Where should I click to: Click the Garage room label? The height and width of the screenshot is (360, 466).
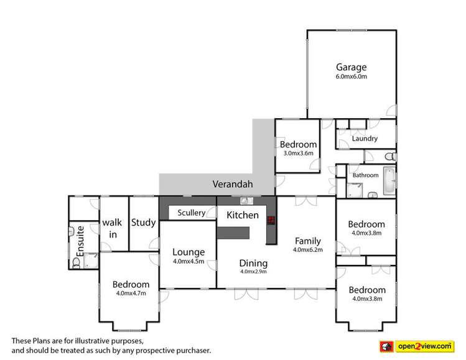coord(352,67)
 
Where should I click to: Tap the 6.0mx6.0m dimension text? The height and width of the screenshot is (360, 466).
coord(352,77)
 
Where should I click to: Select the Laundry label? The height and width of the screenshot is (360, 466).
coord(365,139)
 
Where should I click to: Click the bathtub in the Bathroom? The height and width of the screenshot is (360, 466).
coord(388,180)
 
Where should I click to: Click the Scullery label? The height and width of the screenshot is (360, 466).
coord(191,213)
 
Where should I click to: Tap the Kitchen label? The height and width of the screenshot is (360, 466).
coord(242,215)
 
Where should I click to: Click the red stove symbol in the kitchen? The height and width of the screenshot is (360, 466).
coord(271,219)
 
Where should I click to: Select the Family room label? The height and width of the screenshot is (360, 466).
coord(307,241)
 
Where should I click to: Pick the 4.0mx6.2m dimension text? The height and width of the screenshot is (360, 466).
coord(307,250)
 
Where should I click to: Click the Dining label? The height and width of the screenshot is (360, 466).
coord(253,262)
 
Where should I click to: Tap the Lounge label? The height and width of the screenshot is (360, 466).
coord(189,252)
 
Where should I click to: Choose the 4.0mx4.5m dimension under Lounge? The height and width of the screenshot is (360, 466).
coord(189,261)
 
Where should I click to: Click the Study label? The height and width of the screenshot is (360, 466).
coord(143,223)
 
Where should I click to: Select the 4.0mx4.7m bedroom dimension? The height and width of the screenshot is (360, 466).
coord(131,293)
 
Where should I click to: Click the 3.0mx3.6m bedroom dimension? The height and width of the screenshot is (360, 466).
coord(298,153)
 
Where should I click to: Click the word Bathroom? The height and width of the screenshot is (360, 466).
coord(365,175)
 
